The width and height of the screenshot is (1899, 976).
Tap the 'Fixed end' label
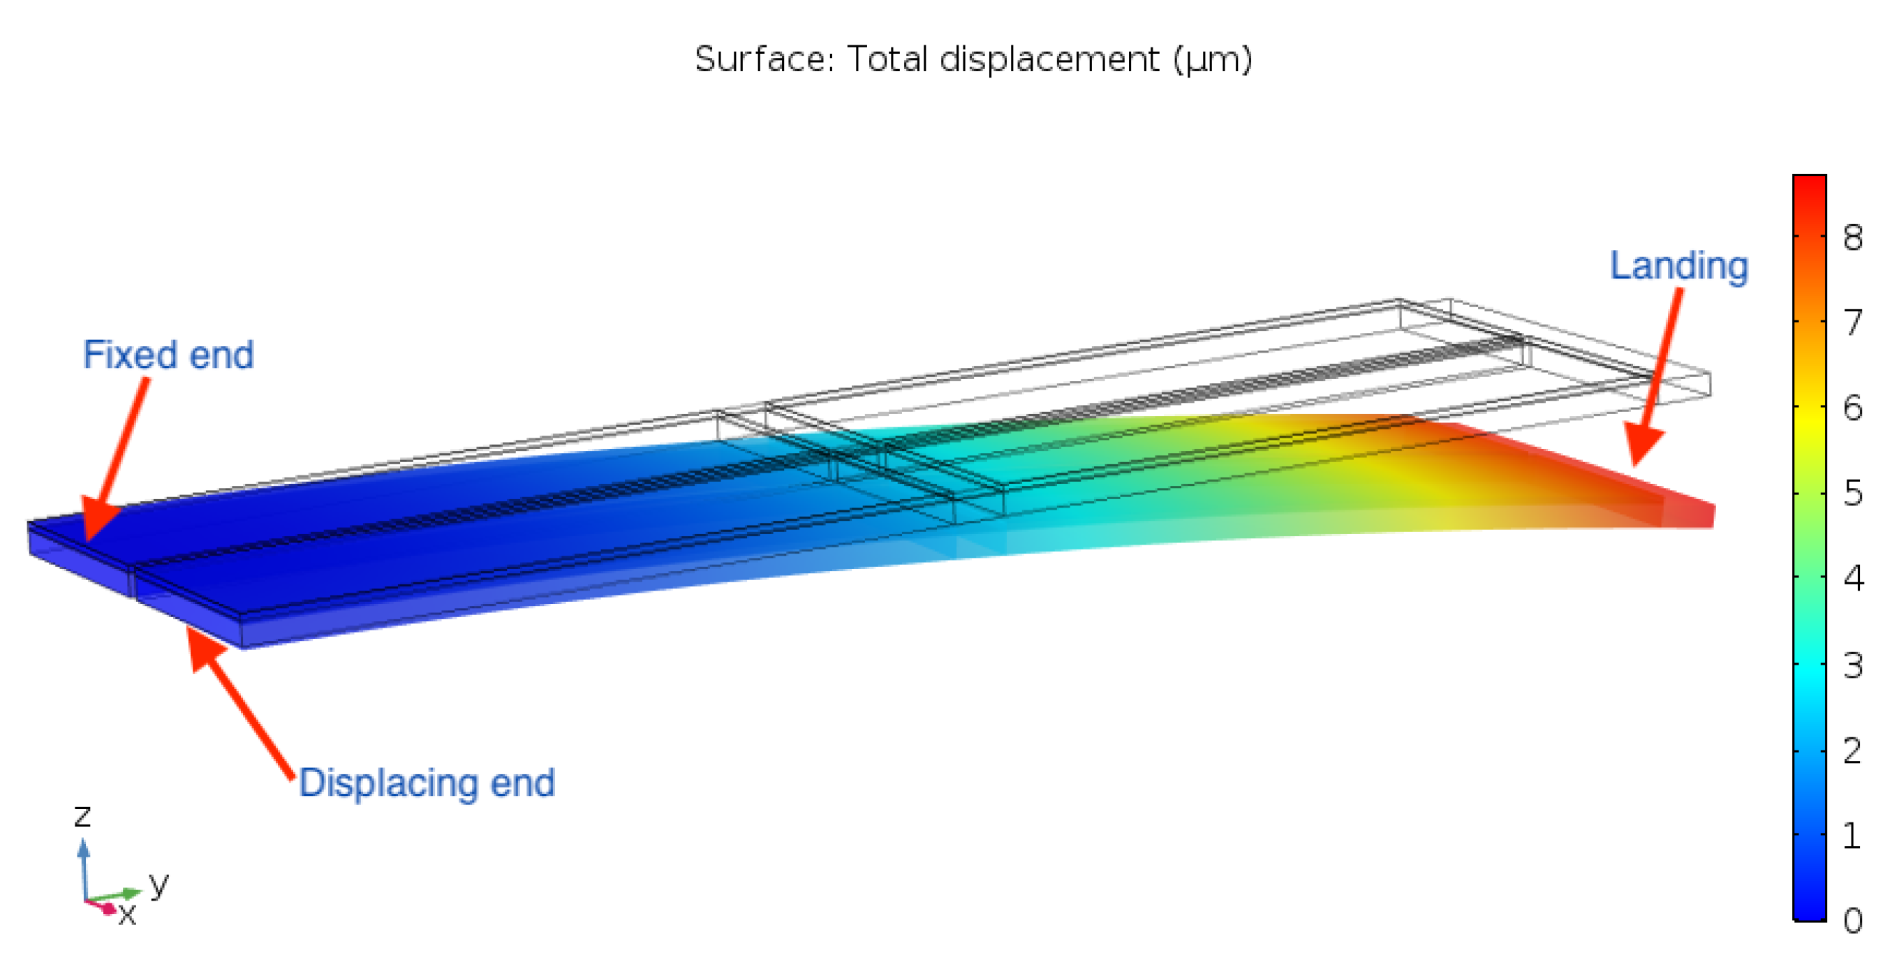[168, 355]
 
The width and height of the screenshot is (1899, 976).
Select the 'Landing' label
[1678, 266]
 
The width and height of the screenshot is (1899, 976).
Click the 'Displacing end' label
[427, 783]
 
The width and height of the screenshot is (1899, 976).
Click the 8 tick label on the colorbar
[1852, 238]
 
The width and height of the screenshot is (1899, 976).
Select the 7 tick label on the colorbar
[1852, 323]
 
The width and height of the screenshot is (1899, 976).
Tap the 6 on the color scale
[1852, 408]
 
